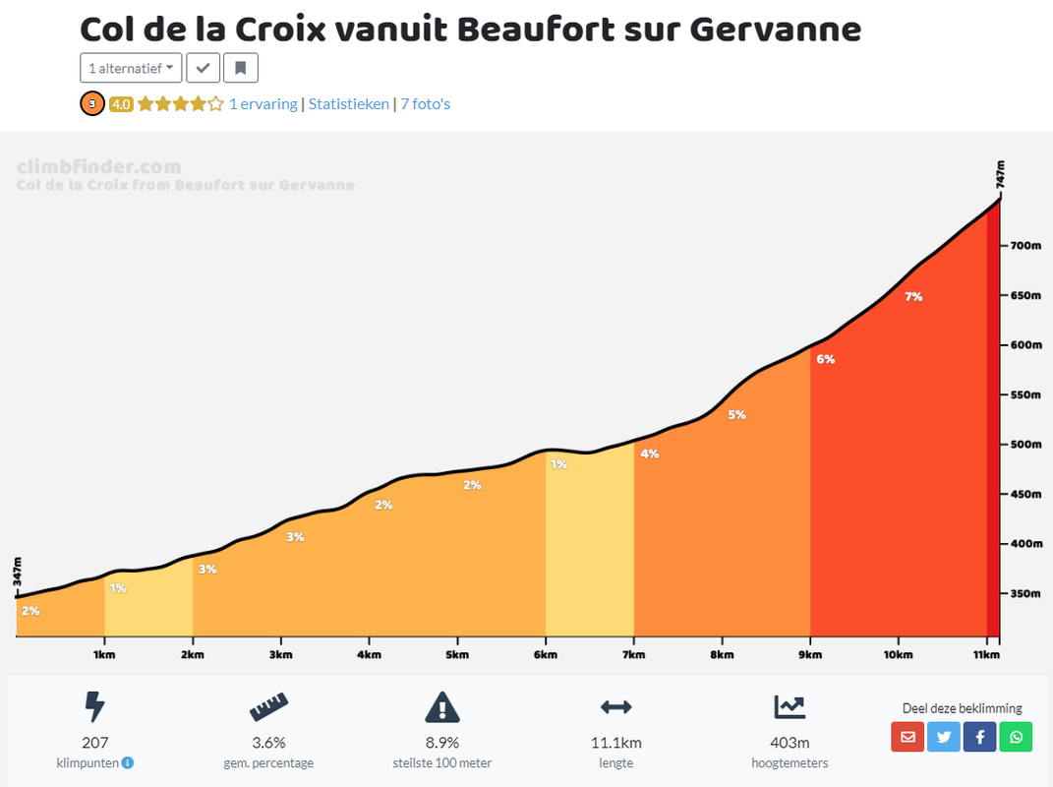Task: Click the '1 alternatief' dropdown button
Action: tap(131, 68)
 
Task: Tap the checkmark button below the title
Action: tap(203, 68)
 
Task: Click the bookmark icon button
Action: tap(240, 68)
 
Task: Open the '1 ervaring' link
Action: tap(263, 103)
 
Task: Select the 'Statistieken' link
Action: tap(348, 103)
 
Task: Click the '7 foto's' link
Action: tap(425, 103)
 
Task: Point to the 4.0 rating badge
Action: tap(121, 103)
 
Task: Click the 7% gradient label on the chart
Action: tap(913, 296)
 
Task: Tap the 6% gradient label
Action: tap(825, 359)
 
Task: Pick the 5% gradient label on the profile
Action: tap(736, 415)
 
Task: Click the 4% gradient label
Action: tap(649, 454)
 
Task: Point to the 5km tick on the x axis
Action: tap(456, 654)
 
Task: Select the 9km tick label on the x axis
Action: tap(809, 654)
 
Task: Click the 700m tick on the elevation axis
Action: tap(1026, 245)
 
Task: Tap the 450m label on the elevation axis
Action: tap(1026, 494)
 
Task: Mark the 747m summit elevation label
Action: tap(1000, 174)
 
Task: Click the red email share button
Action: tap(907, 736)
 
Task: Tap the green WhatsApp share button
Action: tap(1016, 736)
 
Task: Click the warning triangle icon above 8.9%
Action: tap(442, 706)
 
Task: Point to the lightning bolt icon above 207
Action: tap(94, 706)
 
